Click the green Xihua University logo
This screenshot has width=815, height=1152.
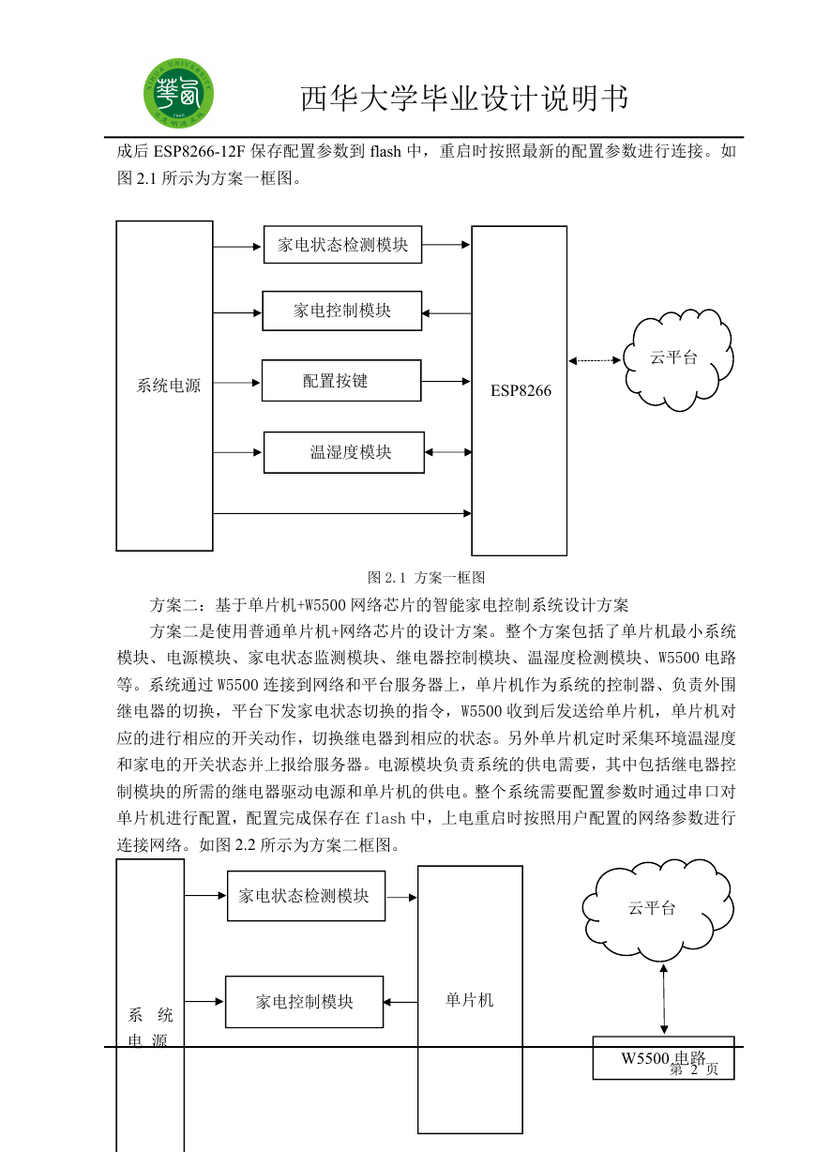pos(178,93)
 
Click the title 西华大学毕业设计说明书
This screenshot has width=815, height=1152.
pos(464,99)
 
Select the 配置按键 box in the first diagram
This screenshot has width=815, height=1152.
pos(341,381)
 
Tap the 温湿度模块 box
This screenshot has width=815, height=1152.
pos(344,452)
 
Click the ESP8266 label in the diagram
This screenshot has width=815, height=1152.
pos(521,391)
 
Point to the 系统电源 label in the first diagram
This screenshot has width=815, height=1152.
pos(168,386)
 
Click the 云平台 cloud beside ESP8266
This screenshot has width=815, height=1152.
pos(678,360)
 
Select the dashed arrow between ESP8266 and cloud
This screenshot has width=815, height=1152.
pos(595,360)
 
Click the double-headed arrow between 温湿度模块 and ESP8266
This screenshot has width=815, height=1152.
pos(448,452)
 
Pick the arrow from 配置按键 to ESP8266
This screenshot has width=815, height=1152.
pos(445,382)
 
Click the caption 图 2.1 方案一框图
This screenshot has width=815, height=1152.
pos(427,578)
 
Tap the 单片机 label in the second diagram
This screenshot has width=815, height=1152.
pos(470,999)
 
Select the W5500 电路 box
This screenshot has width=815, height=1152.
pos(663,1057)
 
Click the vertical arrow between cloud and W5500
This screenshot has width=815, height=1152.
pos(664,999)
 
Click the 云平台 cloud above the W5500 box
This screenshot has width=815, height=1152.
pos(657,909)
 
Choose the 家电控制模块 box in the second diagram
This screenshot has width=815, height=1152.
pos(305,1002)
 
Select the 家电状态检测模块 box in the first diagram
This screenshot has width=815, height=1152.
pos(343,245)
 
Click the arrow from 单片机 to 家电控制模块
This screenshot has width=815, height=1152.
pos(400,1002)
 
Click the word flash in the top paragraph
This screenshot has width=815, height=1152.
pos(385,151)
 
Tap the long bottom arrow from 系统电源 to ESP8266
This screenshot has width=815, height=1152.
pos(342,513)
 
